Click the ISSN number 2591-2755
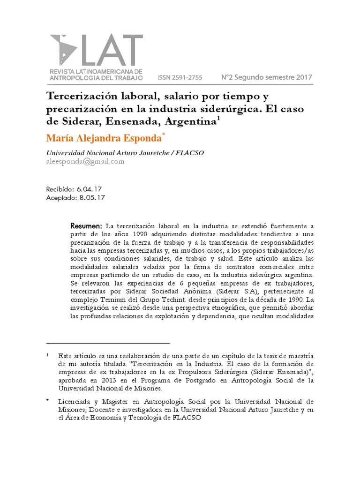pyautogui.click(x=187, y=77)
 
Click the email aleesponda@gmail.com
pyautogui.click(x=85, y=162)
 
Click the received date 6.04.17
pyautogui.click(x=89, y=189)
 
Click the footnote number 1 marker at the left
pyautogui.click(x=48, y=356)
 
